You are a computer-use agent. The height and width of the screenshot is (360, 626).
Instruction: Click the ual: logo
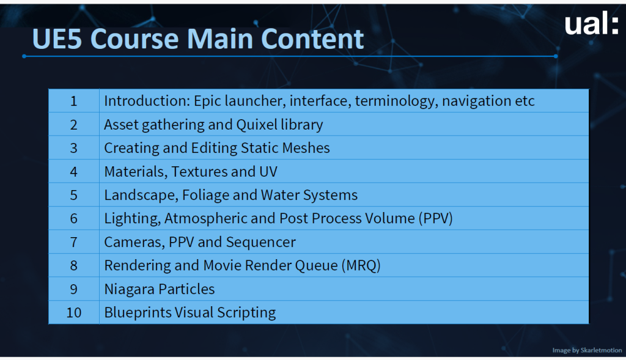591,24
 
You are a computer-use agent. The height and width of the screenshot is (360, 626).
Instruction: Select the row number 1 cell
74,101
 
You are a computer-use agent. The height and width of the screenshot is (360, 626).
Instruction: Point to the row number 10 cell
74,312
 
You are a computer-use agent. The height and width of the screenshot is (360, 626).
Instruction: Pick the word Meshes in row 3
306,148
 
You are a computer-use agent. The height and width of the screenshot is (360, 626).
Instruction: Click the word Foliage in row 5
205,196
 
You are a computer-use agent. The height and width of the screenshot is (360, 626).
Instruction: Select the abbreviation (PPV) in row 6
435,219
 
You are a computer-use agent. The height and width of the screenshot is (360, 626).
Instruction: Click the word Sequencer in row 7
260,242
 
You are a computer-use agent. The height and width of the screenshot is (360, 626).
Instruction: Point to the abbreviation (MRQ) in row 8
361,266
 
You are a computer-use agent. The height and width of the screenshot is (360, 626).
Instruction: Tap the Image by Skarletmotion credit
587,350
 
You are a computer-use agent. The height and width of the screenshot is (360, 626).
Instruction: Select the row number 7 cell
74,242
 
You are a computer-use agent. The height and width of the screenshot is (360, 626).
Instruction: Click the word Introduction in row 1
147,101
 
